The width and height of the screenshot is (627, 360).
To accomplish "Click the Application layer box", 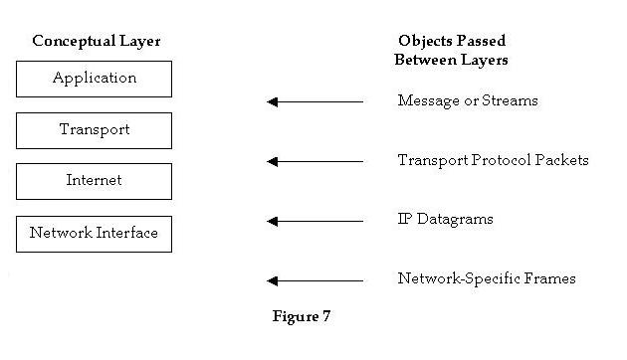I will pos(94,79).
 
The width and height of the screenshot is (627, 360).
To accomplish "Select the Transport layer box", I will pos(94,130).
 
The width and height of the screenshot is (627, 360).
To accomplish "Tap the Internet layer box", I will pos(94,181).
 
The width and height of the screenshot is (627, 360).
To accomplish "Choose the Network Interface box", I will pos(94,234).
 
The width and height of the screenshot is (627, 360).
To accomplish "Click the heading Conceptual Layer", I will pos(97,42).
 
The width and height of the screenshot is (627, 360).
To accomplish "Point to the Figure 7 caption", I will pos(302,317).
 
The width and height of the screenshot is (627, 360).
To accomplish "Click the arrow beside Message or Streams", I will pos(315,101).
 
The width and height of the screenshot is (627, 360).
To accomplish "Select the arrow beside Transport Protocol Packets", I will pos(315,161).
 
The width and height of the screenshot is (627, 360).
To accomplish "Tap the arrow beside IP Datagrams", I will pos(315,221).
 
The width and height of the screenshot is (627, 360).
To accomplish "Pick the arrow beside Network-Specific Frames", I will pos(315,280).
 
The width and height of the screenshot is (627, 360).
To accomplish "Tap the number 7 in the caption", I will pos(325,317).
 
